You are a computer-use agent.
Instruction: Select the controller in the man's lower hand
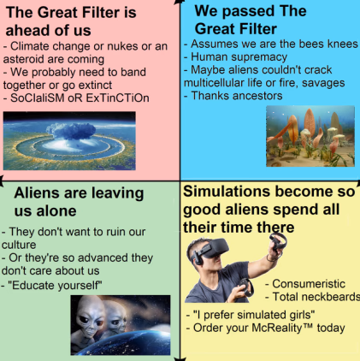point(245,287)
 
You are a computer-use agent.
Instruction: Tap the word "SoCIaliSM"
point(38,98)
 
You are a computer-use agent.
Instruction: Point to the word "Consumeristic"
point(309,284)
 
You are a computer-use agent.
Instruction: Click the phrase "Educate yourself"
point(56,285)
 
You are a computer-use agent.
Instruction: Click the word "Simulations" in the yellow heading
point(227,192)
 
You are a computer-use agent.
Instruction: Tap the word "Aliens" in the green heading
point(37,193)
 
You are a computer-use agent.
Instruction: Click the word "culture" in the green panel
point(19,245)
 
